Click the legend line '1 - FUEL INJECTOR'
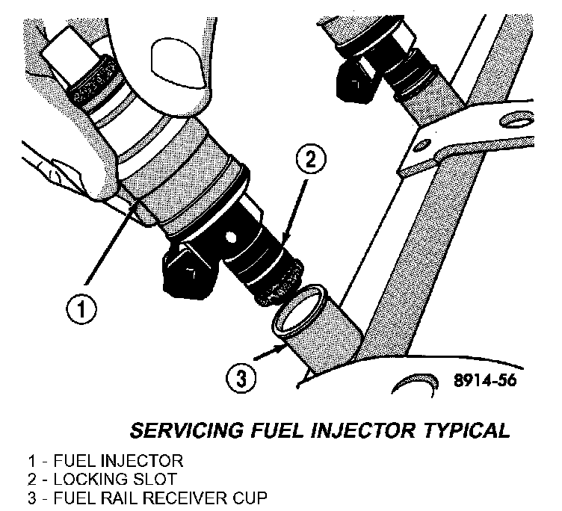pyautogui.click(x=93, y=460)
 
